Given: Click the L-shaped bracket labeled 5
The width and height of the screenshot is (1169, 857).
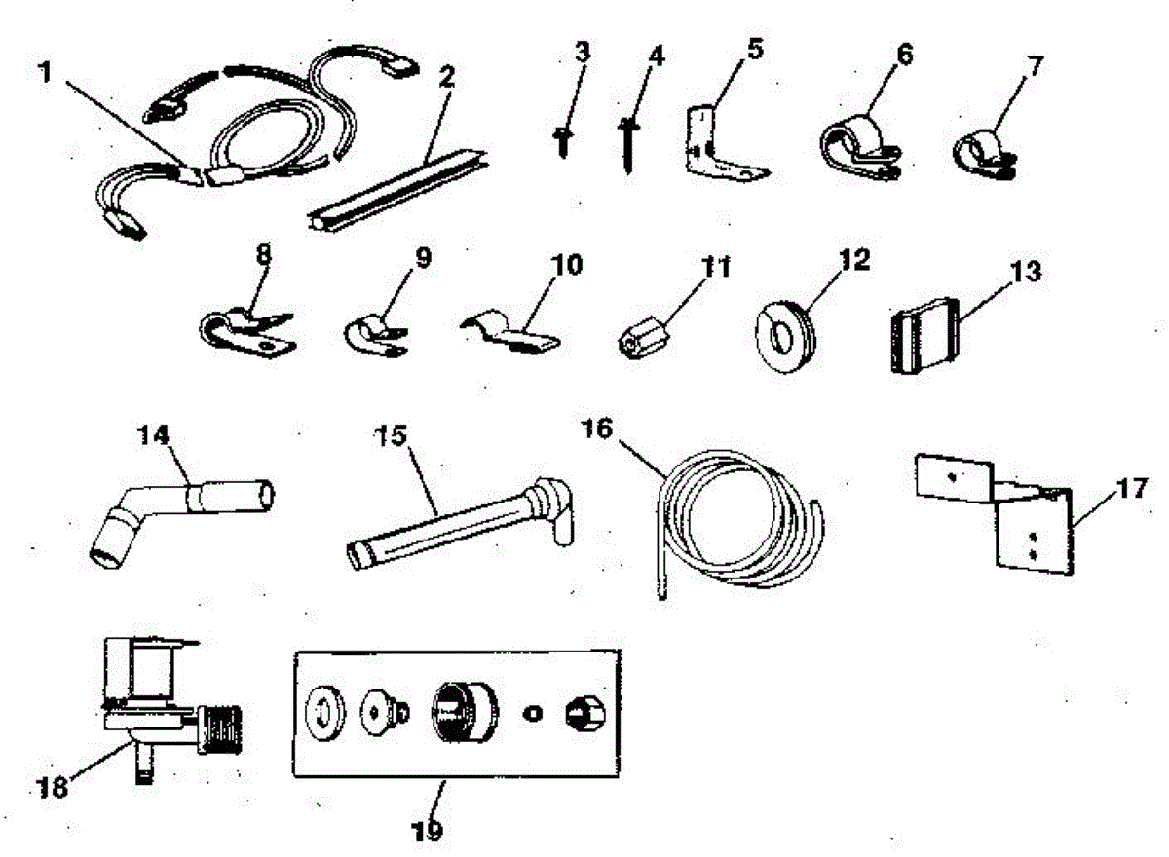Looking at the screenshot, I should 711,151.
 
